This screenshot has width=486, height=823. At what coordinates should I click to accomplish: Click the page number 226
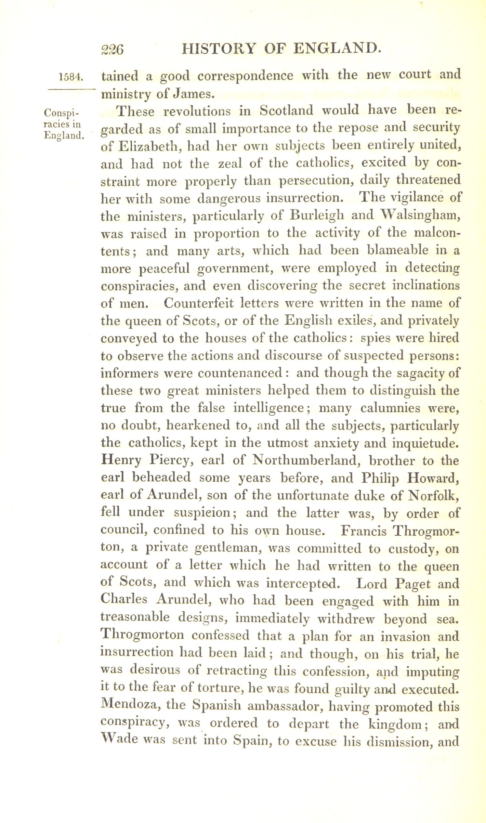tap(112, 50)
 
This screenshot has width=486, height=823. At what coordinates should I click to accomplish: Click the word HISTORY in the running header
tap(219, 49)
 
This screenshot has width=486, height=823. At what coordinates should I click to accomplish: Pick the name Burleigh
tap(315, 216)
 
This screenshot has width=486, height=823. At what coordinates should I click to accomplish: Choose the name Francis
tap(364, 531)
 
